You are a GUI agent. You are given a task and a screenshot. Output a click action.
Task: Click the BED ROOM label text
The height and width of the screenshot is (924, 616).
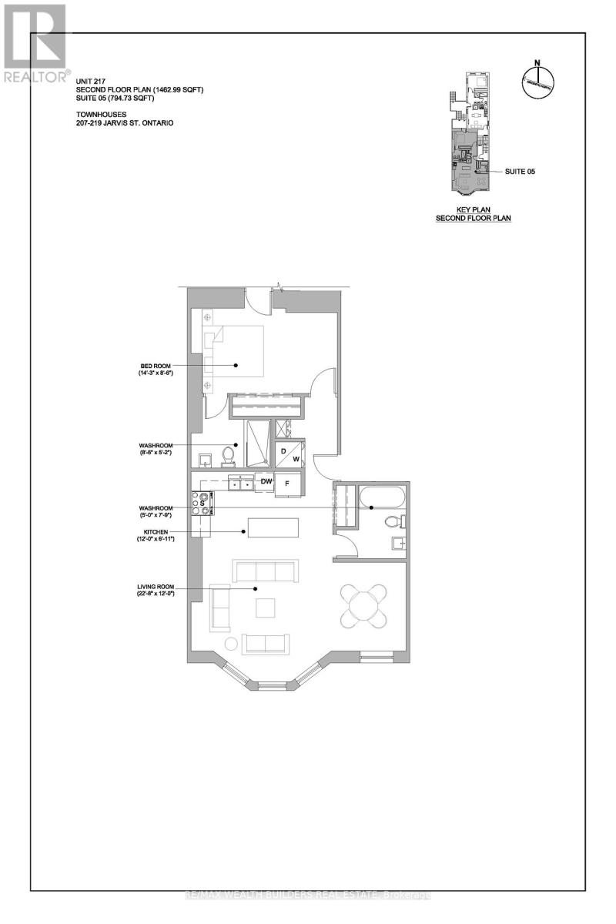click(149, 365)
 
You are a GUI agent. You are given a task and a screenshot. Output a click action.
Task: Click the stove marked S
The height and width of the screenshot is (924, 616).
click(204, 503)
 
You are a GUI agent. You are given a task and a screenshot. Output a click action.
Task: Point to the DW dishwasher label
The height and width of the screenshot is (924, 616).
click(266, 482)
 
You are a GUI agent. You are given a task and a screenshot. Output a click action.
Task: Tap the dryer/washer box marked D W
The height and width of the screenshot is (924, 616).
click(290, 454)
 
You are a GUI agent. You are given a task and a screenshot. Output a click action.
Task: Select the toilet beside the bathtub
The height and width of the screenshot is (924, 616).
click(395, 521)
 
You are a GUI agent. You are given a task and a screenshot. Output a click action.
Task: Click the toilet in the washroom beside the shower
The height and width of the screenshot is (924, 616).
click(228, 457)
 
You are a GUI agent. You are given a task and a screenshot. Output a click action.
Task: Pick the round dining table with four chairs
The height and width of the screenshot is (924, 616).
click(364, 604)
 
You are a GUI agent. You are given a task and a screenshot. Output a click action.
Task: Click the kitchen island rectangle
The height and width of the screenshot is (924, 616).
click(273, 527)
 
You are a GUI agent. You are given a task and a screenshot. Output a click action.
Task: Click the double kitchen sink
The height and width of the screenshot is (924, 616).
click(243, 484)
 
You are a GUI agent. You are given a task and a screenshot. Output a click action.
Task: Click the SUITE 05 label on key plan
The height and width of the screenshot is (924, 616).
click(520, 172)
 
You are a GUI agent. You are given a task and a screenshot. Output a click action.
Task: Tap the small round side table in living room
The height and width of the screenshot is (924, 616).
click(230, 644)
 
